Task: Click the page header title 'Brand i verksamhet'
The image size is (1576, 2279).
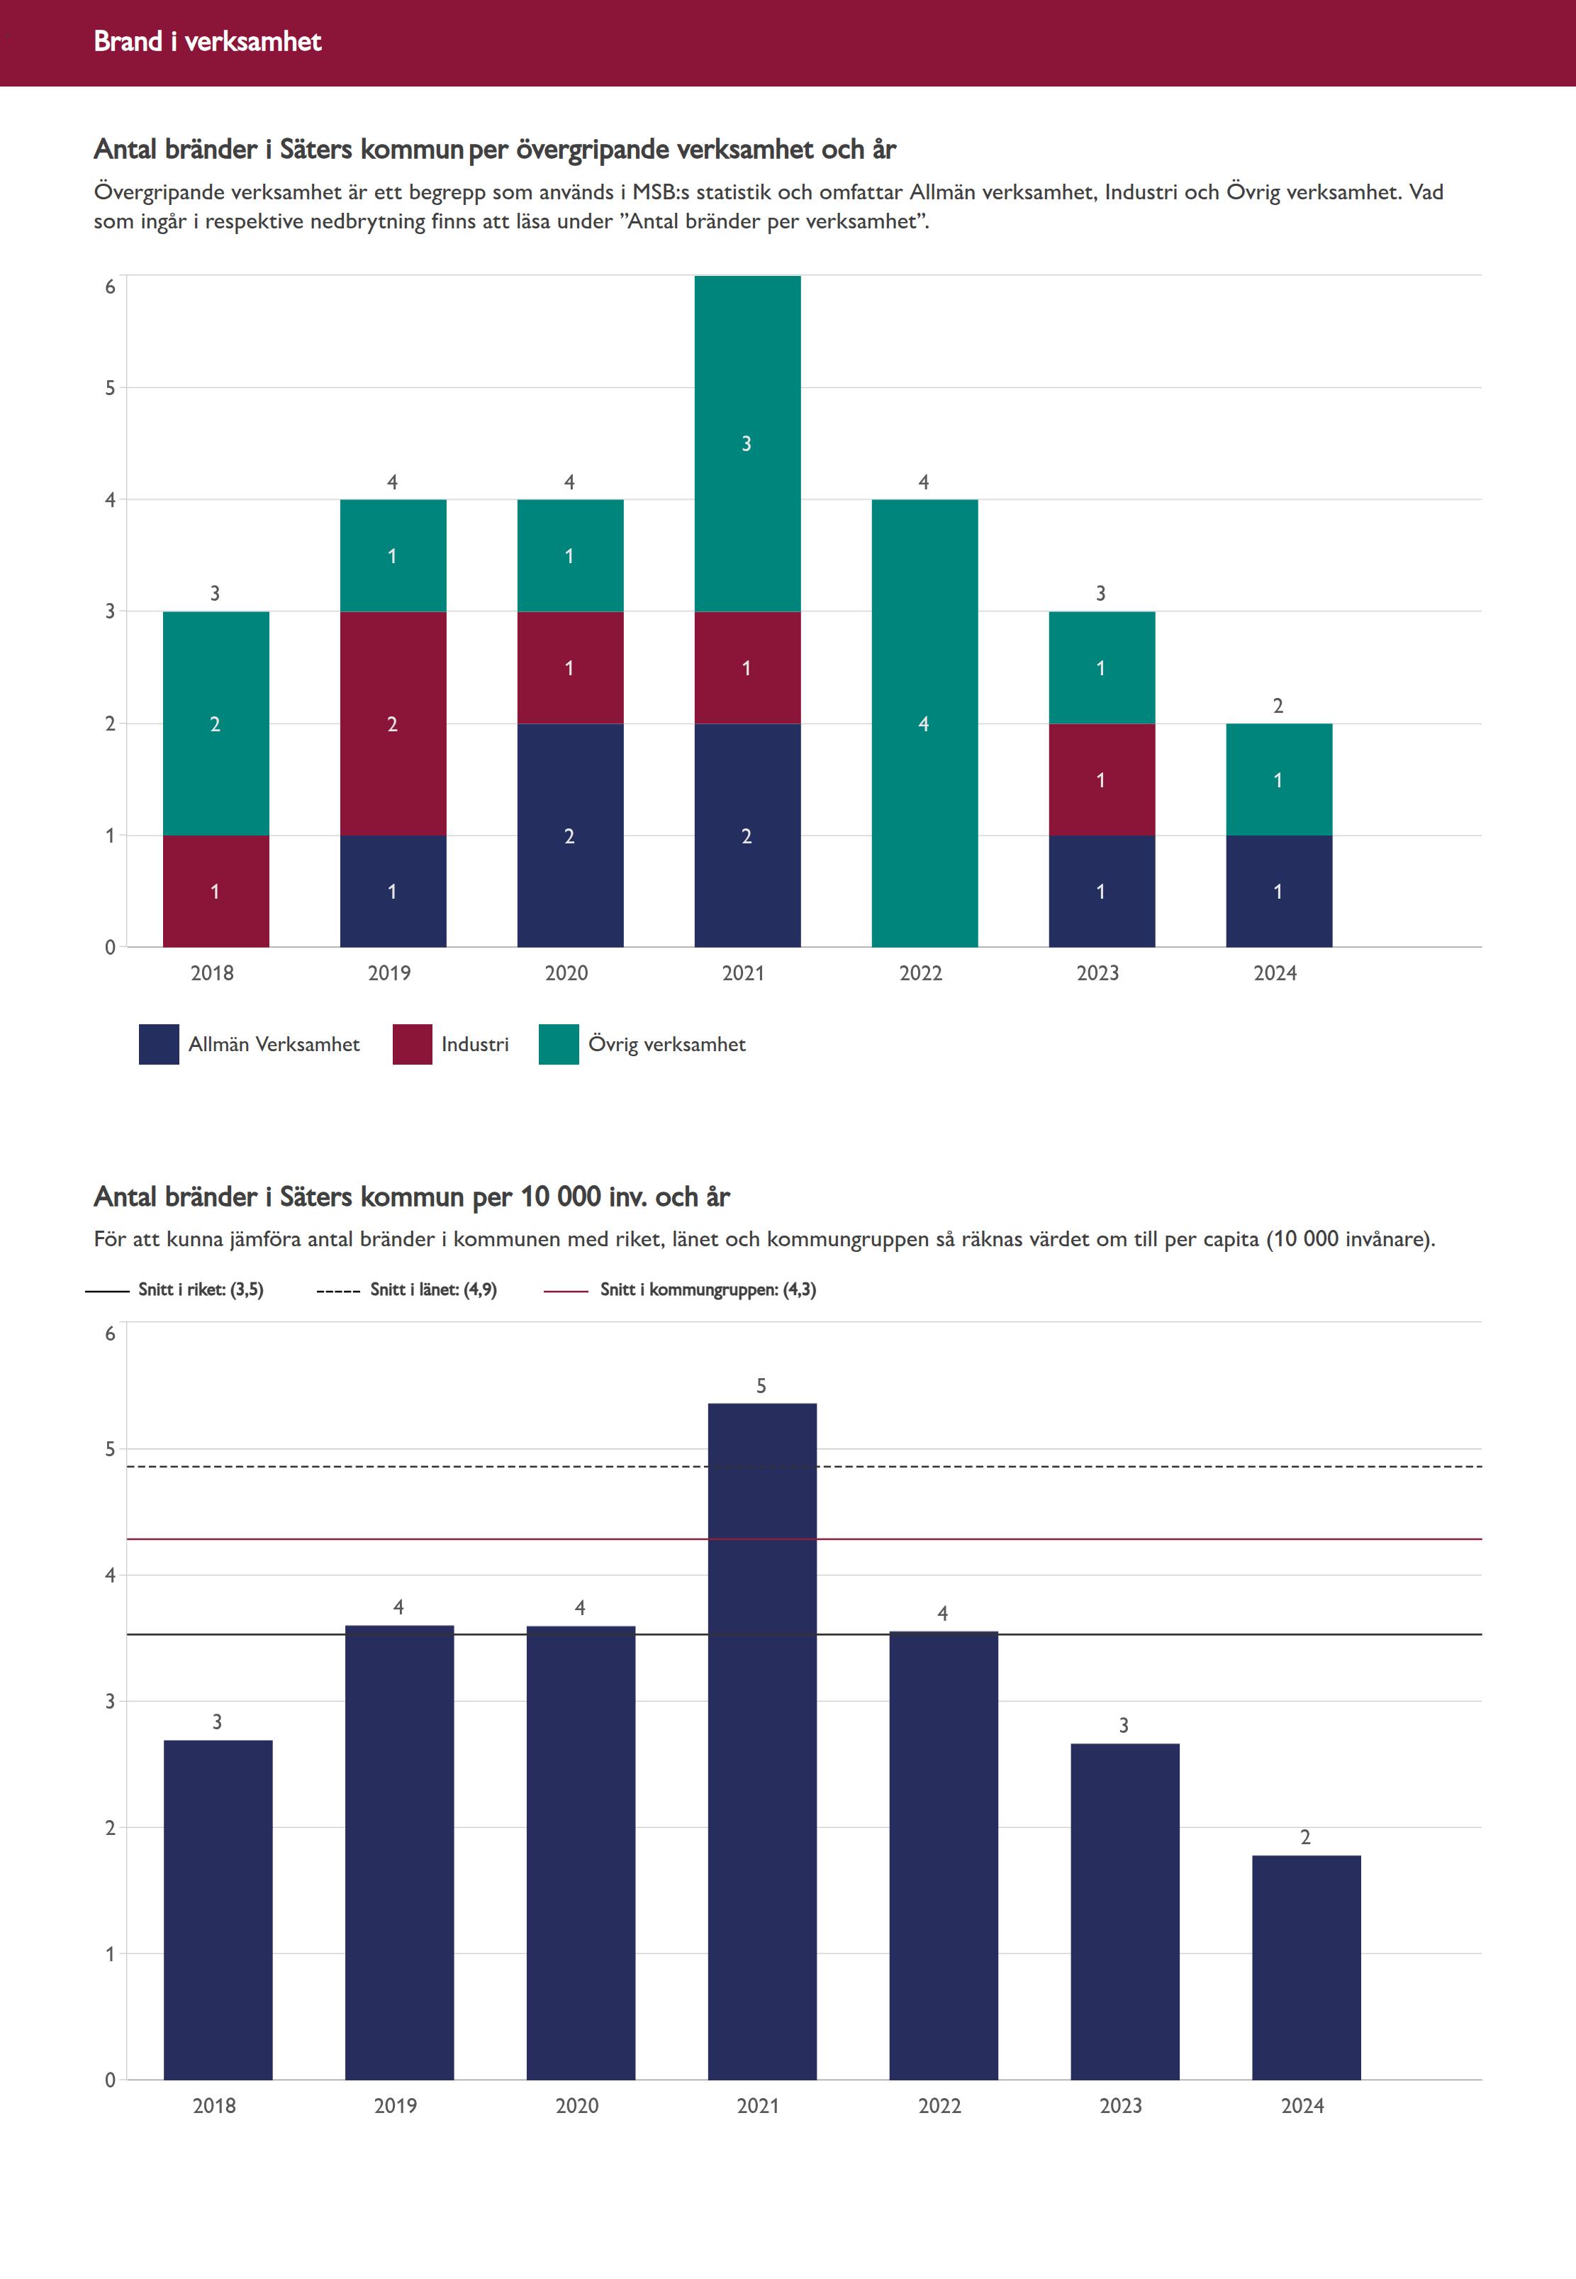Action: tap(207, 41)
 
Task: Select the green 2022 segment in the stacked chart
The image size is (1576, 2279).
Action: tap(924, 723)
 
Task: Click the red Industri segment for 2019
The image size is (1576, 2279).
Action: tap(393, 723)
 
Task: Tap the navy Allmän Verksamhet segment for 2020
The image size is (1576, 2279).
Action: tap(570, 836)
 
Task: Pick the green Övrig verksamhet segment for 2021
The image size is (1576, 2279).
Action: tap(747, 443)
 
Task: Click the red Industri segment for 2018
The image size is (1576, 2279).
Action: tap(216, 891)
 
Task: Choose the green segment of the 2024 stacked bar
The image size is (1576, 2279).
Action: tap(1279, 780)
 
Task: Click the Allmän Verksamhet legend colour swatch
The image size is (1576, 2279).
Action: tap(159, 1044)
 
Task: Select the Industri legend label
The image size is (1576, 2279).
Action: tap(475, 1044)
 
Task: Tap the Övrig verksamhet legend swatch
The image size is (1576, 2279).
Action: tap(559, 1044)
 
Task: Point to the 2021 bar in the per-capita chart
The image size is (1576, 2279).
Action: tap(762, 1739)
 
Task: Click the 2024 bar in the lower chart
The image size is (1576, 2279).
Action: tap(1307, 1966)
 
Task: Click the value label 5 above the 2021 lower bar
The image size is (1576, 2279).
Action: tap(761, 1386)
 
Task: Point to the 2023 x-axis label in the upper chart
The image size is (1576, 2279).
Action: tap(1098, 973)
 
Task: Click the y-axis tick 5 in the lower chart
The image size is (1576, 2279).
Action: tap(111, 1449)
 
